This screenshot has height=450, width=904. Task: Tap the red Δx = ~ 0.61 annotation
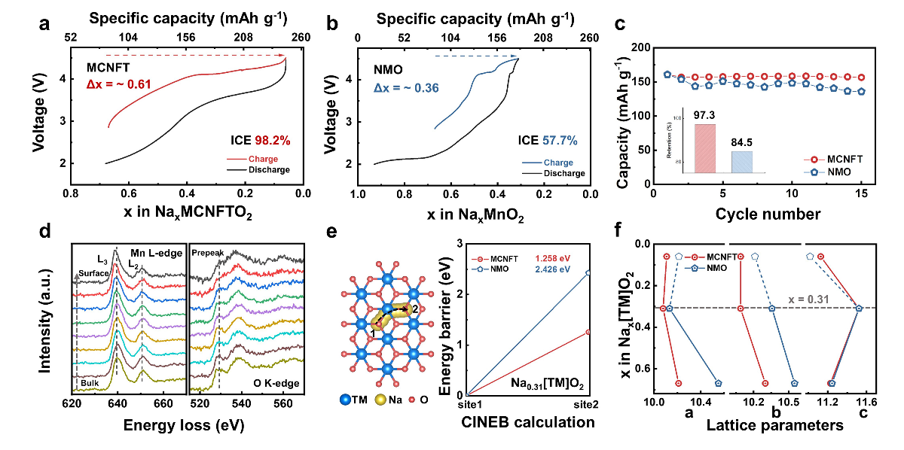click(x=119, y=84)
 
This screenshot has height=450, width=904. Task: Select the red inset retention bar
click(x=704, y=148)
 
